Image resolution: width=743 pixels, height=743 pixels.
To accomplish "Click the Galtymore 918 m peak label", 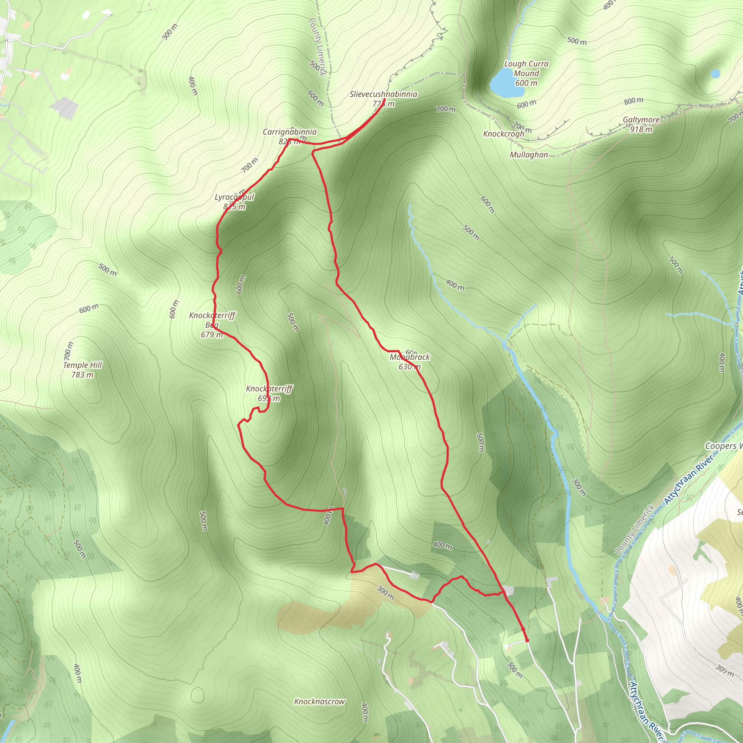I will pos(641,124).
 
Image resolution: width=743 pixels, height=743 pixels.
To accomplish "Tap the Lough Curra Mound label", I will pos(526,73).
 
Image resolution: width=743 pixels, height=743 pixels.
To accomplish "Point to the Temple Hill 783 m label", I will pos(82,370).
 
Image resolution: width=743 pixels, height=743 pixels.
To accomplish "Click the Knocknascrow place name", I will pos(319,702).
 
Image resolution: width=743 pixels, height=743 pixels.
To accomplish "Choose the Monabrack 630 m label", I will pos(410,361).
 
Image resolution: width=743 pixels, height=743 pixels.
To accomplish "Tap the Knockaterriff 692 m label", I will pos(269,393).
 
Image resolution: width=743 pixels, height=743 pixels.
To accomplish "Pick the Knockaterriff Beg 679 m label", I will pos(212,325).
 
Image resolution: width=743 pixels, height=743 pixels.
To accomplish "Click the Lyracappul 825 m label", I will pos(234,201).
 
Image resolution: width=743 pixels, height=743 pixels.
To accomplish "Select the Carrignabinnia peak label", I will pos(290,132).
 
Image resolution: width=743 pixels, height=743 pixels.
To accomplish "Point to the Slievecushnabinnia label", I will pos(383,94).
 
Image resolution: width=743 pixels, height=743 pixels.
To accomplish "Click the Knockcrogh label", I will pos(504,134).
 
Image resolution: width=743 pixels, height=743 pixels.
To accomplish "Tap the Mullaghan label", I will pos(529,155).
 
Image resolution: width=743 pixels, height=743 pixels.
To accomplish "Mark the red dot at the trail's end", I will pos(527,640).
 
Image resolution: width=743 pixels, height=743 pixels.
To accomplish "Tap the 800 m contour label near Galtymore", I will pos(633,101).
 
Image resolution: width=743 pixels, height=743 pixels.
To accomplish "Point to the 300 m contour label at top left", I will pos(169,32).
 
